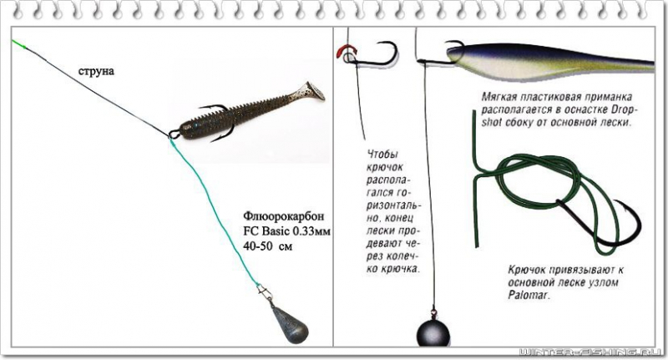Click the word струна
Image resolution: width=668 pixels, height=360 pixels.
point(96,71)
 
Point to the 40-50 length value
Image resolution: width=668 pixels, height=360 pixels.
point(257,246)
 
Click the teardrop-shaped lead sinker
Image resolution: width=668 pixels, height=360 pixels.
point(289,325)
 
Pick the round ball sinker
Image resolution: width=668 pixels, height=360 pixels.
point(433,332)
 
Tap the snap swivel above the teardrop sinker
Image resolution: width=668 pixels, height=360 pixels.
point(263,292)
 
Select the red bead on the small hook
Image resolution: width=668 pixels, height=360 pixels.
point(345,52)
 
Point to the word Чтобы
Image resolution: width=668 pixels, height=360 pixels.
point(381,155)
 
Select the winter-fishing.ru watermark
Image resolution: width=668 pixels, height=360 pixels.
point(591,352)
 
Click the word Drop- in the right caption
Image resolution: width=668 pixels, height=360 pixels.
point(625,109)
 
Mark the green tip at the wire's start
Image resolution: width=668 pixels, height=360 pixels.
point(19,43)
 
